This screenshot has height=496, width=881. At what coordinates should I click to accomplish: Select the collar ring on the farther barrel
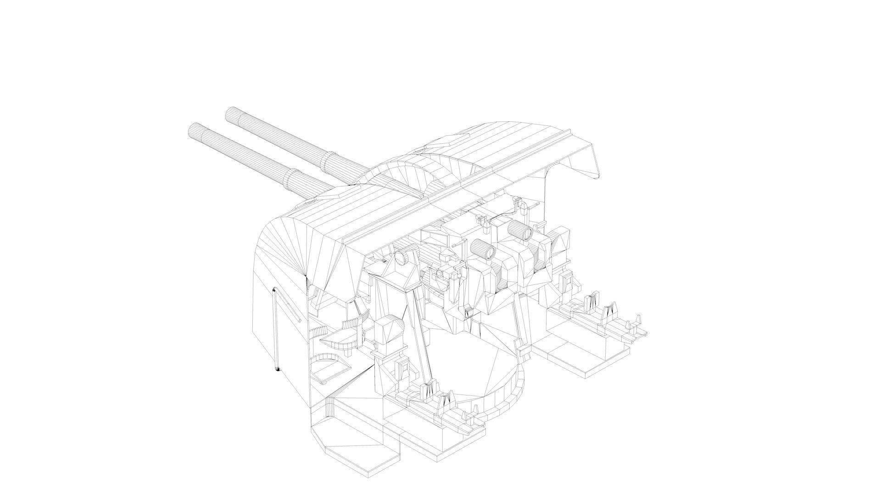(329, 160)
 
